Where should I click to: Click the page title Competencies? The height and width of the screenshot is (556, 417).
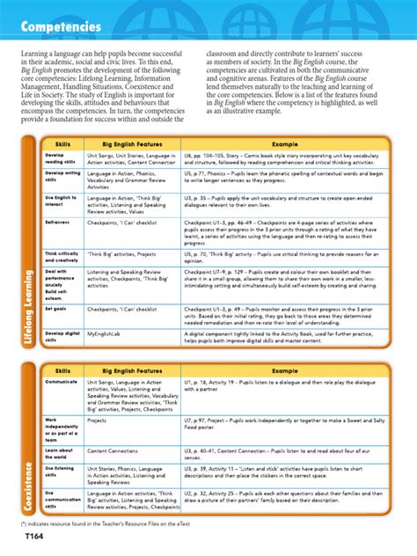(61, 27)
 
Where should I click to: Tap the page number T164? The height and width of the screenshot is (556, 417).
(33, 536)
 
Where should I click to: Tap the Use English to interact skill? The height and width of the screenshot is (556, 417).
(58, 201)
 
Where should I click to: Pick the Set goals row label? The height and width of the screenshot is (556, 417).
(55, 311)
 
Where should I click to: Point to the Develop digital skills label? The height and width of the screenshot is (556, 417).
(58, 337)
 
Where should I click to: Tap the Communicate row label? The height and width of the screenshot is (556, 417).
(62, 383)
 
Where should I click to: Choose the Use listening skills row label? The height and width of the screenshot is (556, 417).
(58, 474)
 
